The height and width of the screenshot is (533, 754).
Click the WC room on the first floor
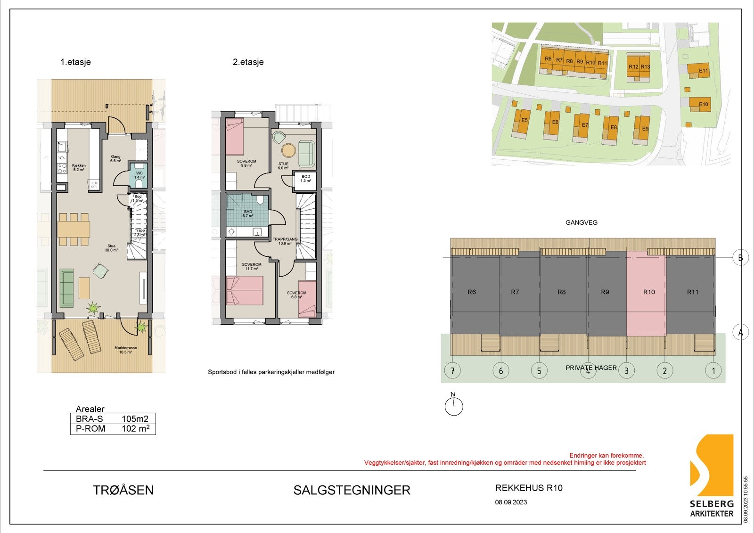coord(139,175)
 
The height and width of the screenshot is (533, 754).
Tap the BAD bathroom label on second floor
coord(248,213)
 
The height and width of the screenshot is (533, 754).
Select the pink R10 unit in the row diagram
coord(646,292)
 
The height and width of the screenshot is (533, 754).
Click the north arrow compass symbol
coord(454,406)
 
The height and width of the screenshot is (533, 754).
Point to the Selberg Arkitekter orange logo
coord(712,466)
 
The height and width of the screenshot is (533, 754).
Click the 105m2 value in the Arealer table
coord(135,419)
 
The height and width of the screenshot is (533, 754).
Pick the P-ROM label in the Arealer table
coord(90,429)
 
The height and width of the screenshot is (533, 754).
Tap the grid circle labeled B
coord(740,258)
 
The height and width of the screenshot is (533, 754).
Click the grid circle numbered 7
coord(452,371)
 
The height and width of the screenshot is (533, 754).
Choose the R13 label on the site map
coord(645,67)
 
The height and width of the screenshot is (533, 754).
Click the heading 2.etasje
coord(248,62)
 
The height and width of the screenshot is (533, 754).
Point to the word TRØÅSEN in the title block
coord(123,490)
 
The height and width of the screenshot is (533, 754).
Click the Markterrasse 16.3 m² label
coord(125,350)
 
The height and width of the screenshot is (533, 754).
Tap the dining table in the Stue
coord(74,229)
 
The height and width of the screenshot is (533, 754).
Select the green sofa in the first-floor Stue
coord(66,287)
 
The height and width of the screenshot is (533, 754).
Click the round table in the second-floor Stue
coord(288,150)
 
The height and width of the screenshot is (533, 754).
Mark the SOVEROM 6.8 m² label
coord(296,295)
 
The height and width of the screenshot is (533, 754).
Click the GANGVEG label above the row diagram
coord(581,222)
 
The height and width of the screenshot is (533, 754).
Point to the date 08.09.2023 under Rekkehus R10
coord(511,502)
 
